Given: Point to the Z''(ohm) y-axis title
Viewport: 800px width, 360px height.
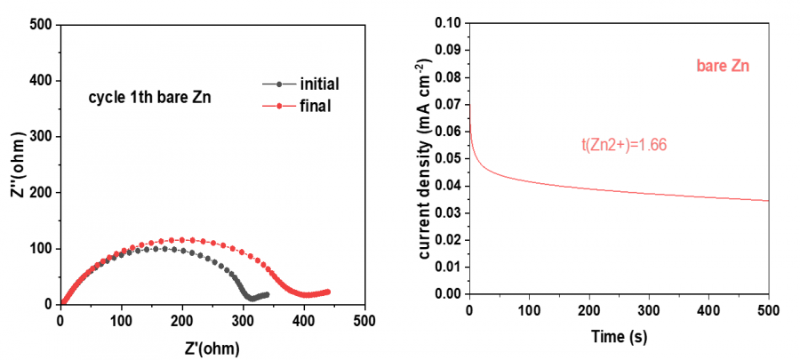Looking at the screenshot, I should (17, 164).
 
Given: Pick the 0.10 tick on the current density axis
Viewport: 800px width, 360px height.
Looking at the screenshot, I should (449, 22).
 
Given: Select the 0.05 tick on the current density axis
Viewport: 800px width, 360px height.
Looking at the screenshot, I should (449, 158).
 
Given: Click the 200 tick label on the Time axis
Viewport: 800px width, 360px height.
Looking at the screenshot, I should (588, 311).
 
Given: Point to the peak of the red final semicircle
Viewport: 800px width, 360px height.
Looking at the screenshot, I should (181, 239).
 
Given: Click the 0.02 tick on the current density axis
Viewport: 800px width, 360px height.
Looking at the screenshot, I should (449, 239).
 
